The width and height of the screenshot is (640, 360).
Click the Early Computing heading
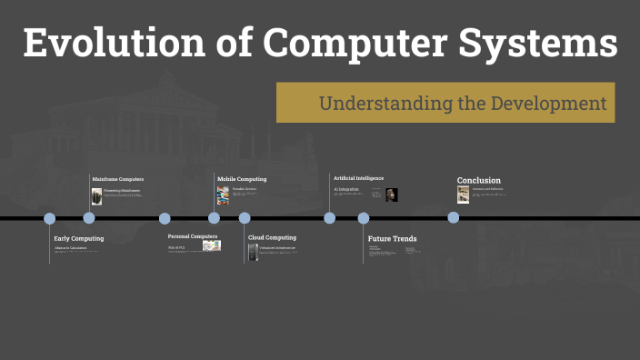[x=79, y=238]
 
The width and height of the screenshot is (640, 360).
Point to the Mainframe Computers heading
[x=118, y=179]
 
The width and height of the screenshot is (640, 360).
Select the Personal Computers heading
[x=193, y=236]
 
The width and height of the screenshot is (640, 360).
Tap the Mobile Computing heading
[x=242, y=179]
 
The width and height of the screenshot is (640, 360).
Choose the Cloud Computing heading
[x=272, y=237]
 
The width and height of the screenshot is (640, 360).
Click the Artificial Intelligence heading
[x=358, y=178]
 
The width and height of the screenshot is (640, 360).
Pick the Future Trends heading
[x=392, y=239]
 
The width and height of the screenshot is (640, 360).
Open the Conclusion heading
[x=478, y=180]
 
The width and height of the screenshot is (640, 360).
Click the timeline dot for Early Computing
[x=50, y=218]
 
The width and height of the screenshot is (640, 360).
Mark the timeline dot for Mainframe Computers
[x=89, y=218]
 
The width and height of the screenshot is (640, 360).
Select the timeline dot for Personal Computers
[x=165, y=218]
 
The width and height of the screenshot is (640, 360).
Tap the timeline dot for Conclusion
[x=453, y=217]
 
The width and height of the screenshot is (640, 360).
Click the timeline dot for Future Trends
[x=364, y=218]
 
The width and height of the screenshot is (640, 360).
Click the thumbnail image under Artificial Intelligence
[x=392, y=195]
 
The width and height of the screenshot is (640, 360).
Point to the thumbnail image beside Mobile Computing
[x=223, y=195]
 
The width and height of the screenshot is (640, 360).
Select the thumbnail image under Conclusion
[x=464, y=195]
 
